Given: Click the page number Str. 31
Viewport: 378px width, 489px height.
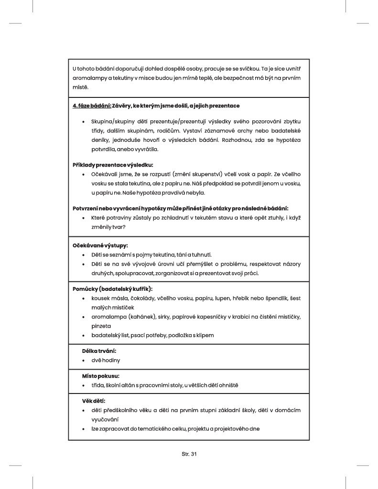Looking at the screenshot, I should (x=189, y=454).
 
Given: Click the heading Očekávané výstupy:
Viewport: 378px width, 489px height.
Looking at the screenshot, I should (x=93, y=245).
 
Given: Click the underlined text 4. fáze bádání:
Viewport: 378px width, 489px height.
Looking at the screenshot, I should (x=92, y=105).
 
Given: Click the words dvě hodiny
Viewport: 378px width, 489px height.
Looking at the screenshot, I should (x=106, y=360).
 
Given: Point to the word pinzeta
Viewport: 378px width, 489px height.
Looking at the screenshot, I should (x=101, y=326).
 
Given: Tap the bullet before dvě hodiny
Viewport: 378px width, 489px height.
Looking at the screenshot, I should (x=84, y=361).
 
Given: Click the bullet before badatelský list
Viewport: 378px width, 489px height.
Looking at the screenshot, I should (x=84, y=335).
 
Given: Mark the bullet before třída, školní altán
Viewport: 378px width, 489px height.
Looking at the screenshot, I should (x=84, y=385).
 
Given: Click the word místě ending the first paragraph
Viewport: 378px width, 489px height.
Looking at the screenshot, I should (x=80, y=87).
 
